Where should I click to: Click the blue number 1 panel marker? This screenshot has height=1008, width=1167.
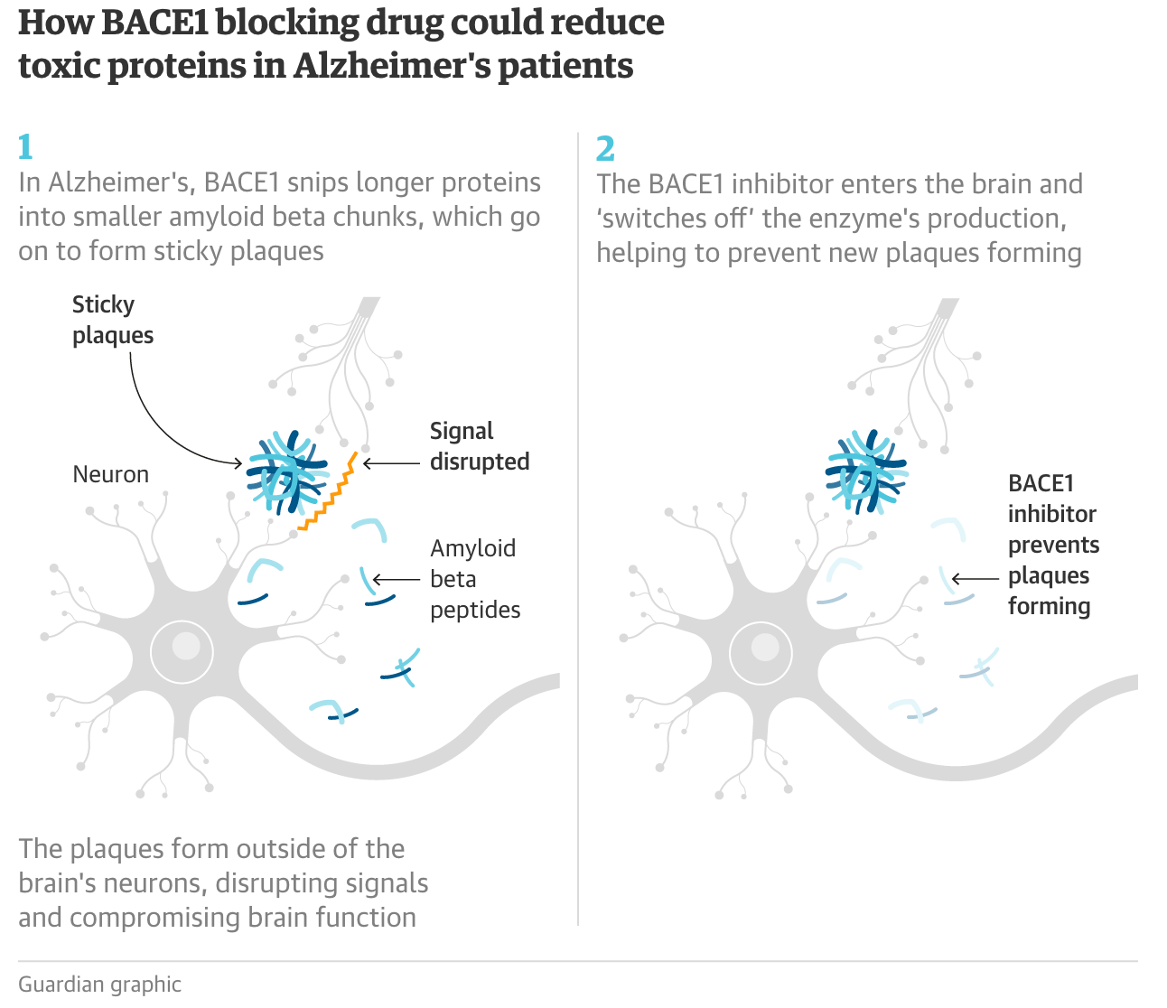[25, 146]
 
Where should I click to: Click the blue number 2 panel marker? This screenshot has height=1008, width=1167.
[605, 148]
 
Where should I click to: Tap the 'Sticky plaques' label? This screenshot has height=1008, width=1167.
[112, 320]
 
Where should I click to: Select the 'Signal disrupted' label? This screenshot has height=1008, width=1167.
[479, 446]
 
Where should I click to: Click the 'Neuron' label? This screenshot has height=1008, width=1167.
[110, 474]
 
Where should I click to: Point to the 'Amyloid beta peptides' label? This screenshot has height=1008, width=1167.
[475, 579]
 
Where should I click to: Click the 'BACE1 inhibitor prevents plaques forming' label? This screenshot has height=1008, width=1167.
[1053, 545]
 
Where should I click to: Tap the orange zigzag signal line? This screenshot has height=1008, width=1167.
[328, 492]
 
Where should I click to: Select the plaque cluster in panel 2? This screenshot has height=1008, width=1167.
[865, 471]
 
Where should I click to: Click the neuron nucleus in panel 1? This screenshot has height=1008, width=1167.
[182, 650]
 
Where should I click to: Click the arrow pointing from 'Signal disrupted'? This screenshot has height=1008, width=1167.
[390, 464]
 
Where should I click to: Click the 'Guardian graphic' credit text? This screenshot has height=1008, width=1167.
[99, 985]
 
